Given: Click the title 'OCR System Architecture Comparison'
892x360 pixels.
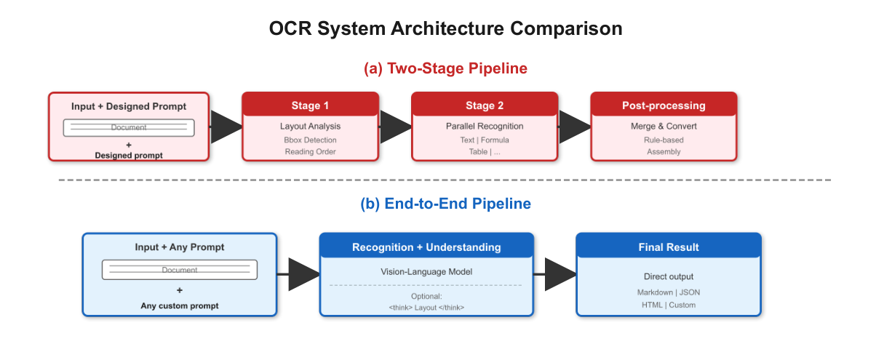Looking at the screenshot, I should click(x=445, y=29).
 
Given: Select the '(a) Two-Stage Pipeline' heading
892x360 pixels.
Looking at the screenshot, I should click(x=445, y=68).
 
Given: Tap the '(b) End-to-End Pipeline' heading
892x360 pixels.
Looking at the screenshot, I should click(x=445, y=204).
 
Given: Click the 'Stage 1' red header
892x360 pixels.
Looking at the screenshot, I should click(x=310, y=105).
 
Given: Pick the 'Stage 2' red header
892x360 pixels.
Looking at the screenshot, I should click(x=485, y=105).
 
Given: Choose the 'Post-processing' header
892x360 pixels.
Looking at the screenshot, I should click(x=663, y=105).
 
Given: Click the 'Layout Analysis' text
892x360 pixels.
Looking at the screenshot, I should click(x=310, y=127).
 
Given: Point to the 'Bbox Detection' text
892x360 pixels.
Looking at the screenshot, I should click(x=310, y=140).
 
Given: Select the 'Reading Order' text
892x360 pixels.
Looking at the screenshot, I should click(x=310, y=151).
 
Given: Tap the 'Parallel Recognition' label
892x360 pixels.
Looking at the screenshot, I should click(x=485, y=127).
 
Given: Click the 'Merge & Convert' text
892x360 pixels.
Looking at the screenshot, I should click(x=663, y=127).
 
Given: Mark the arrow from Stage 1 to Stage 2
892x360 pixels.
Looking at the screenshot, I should click(x=395, y=127).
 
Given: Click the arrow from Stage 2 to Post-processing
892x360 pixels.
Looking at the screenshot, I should click(x=574, y=127).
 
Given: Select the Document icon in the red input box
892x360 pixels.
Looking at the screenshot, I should click(x=129, y=127).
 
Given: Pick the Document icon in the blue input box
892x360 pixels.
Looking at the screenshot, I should click(x=180, y=269).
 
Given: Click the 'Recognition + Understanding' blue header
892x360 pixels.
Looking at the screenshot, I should click(x=426, y=247).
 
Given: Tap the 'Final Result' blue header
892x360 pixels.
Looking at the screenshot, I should click(x=668, y=247).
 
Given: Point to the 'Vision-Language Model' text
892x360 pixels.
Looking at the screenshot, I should click(x=426, y=271).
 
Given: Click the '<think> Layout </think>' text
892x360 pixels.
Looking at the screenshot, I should click(x=426, y=308).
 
